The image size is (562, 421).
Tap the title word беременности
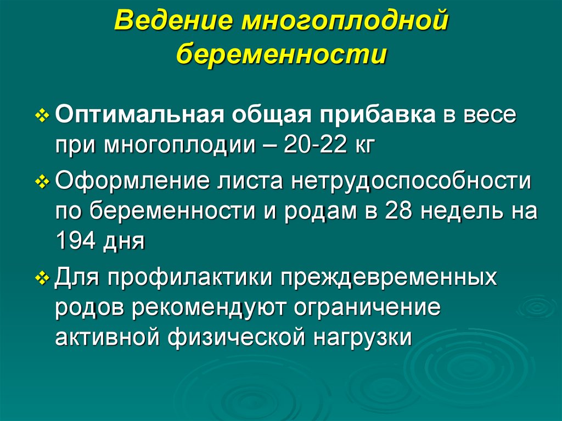tap(282, 56)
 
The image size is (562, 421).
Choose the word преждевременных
tap(390, 277)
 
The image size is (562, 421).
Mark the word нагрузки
tap(362, 336)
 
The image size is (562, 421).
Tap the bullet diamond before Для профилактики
tap(46, 277)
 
